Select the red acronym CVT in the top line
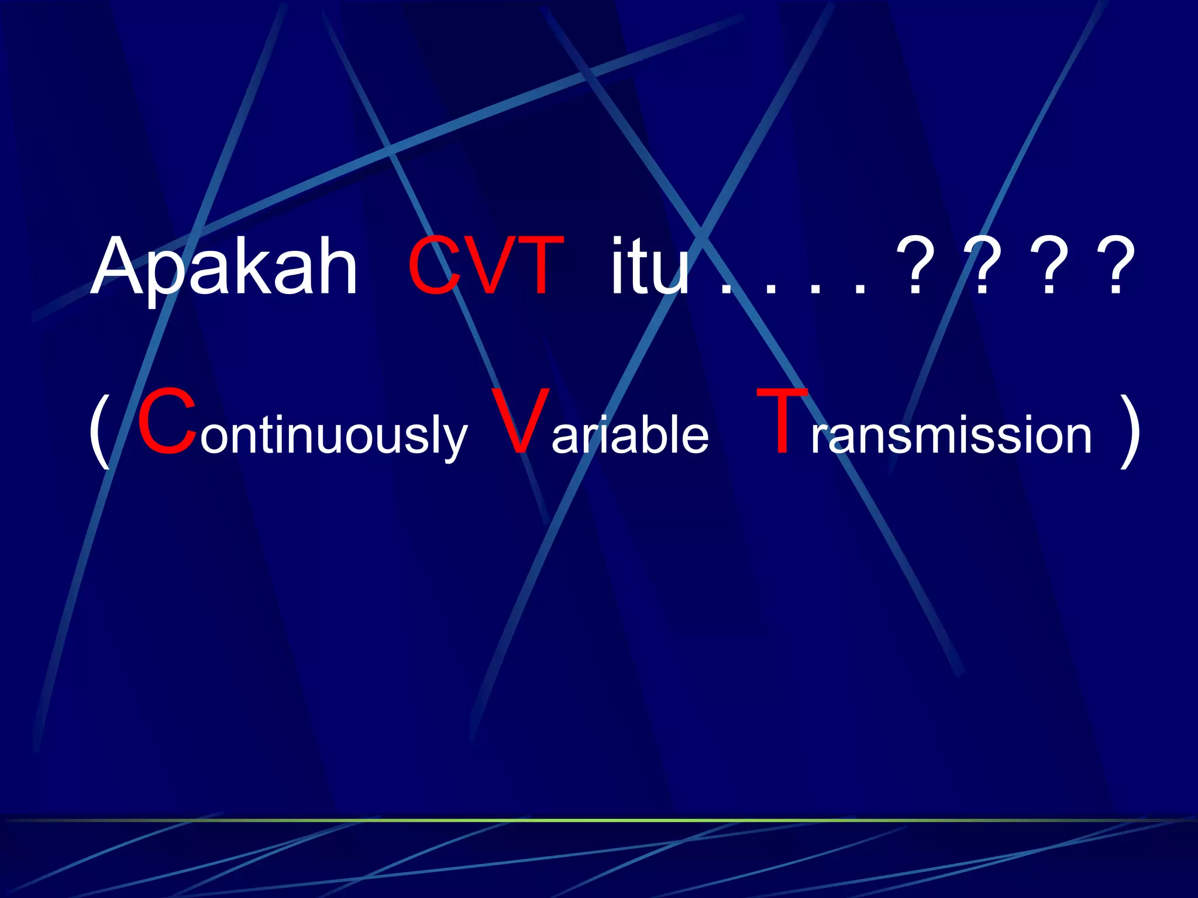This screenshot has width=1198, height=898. (486, 266)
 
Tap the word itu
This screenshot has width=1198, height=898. (650, 266)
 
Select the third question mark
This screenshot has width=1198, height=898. (1050, 266)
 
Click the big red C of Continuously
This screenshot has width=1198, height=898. (167, 421)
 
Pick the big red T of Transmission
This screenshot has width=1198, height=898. (783, 421)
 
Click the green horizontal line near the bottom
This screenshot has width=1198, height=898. (599, 820)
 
